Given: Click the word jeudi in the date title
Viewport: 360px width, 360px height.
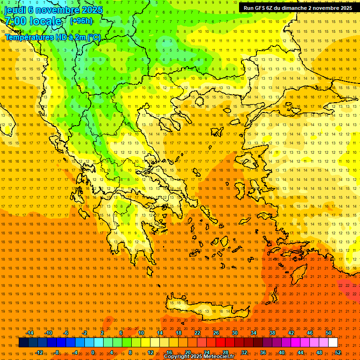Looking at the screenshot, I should (x=15, y=9).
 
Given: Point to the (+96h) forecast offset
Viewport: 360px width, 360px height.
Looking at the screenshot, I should (x=81, y=21).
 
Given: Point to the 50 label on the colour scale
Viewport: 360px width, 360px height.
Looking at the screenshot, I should (x=329, y=333).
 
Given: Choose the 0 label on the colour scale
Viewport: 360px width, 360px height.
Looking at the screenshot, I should (x=92, y=352).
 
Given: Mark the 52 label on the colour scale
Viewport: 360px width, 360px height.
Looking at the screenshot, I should (x=338, y=352).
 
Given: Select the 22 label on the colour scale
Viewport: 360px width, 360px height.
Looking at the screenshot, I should (x=197, y=333).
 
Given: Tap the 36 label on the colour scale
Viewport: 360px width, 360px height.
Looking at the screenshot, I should (x=263, y=352).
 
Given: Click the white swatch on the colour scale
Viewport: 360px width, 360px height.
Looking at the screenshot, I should (x=333, y=343).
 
